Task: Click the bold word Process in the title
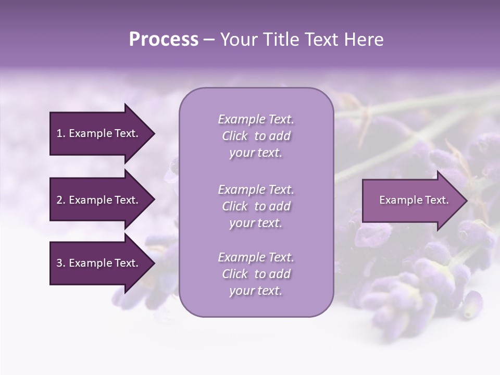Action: (164, 40)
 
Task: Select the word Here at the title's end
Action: (363, 40)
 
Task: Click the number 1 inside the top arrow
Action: (59, 133)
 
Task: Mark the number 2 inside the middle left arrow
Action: (59, 200)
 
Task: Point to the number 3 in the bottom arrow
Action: (59, 264)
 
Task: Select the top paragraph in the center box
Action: (256, 136)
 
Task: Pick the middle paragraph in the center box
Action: (256, 206)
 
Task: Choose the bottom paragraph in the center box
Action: (256, 274)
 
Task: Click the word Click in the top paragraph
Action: (235, 136)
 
